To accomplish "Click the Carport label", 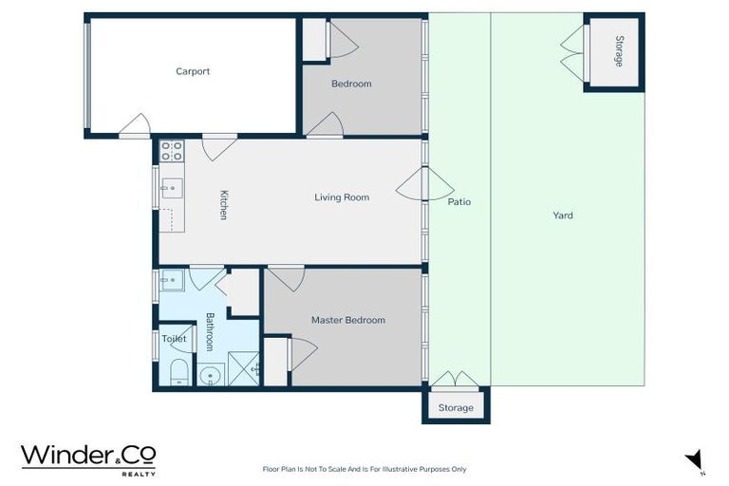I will point(193,71).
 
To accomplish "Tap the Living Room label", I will point(342,197).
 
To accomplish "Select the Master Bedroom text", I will point(348,320).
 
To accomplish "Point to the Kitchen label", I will point(224,205).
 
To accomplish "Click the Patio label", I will point(459,202).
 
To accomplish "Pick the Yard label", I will point(563,215).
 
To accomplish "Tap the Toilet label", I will point(174,339).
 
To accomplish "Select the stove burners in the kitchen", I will point(172,150).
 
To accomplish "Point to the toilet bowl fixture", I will point(178,373).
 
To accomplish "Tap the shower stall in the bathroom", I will point(243,371).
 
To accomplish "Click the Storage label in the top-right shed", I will point(619,51).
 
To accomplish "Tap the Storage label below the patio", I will point(456,408).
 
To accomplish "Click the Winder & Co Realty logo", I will point(88,458).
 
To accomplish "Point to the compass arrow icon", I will point(695,459).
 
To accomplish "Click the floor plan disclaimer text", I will point(364,469).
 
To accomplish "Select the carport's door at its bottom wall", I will point(135,127).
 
